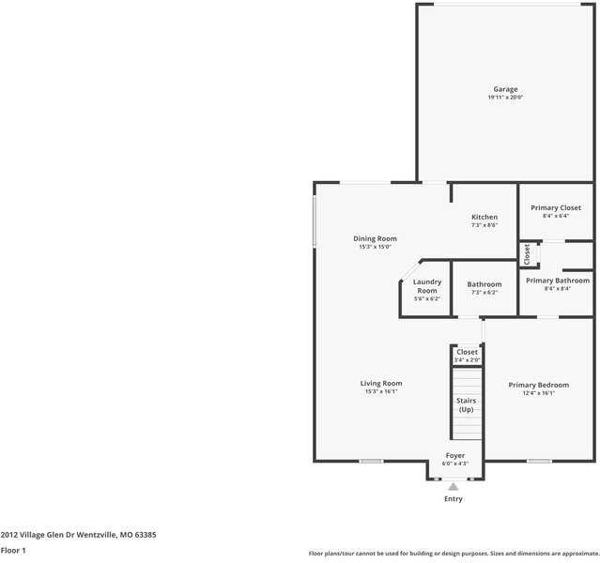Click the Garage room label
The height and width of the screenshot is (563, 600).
pos(505,89)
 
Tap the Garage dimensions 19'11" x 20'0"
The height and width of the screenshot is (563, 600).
pos(505,97)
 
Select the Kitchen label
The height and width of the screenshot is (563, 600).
pos(485,217)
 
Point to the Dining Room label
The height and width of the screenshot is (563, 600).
pos(375,238)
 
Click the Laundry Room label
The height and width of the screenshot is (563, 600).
pos(427,286)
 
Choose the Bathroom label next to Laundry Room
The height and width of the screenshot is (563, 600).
pos(485,284)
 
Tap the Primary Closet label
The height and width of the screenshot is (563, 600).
pos(556,207)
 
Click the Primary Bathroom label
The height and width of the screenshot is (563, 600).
pos(558,281)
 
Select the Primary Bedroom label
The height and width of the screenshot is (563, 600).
pos(539,385)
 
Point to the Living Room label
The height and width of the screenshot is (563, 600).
pos(381,383)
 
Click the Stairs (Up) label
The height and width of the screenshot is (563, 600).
pos(467,405)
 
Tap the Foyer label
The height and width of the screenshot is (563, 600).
pos(454,455)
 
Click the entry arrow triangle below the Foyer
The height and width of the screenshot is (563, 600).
pos(454,486)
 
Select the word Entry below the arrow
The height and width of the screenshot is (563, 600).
pos(454,499)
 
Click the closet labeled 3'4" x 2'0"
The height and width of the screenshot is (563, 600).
pos(467,356)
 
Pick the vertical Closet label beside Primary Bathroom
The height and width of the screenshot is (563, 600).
pos(528,254)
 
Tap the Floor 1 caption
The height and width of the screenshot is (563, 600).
pos(13,550)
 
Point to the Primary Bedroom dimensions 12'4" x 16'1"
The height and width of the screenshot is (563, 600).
pos(539,393)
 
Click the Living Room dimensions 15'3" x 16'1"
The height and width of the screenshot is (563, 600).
pos(381,391)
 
